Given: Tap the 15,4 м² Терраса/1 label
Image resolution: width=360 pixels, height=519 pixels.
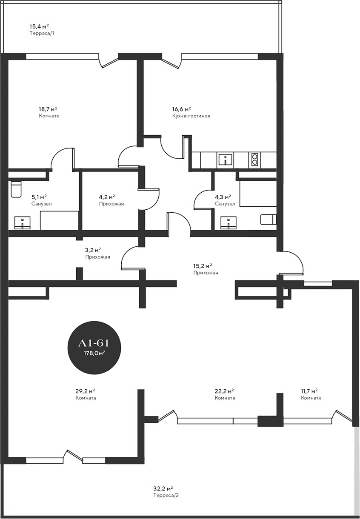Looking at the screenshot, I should (x=42, y=29).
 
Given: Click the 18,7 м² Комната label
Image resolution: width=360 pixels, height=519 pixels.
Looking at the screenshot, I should (x=48, y=112).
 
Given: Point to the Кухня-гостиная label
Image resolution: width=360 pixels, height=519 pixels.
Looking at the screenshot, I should (x=191, y=116).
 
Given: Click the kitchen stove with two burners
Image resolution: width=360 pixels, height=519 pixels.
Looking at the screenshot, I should (x=254, y=159).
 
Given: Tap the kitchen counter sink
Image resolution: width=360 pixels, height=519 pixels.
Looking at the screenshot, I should (x=225, y=160).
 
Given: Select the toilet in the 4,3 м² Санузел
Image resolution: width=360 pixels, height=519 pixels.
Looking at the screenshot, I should (x=268, y=220).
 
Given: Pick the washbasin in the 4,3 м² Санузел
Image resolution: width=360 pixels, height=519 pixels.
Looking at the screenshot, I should (x=229, y=222).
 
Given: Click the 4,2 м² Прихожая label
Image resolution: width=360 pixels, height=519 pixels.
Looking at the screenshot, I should (x=111, y=200).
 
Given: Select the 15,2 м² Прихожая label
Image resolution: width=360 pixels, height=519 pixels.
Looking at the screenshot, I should (x=205, y=269).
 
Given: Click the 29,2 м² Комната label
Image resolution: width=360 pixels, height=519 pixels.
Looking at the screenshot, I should (x=86, y=394).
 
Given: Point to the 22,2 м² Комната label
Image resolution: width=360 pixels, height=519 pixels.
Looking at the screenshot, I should (x=225, y=394).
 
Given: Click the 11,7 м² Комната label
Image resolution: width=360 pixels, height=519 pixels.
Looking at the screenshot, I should (x=311, y=394).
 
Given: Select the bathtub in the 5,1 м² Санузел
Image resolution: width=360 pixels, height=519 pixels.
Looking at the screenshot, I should (x=59, y=220).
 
